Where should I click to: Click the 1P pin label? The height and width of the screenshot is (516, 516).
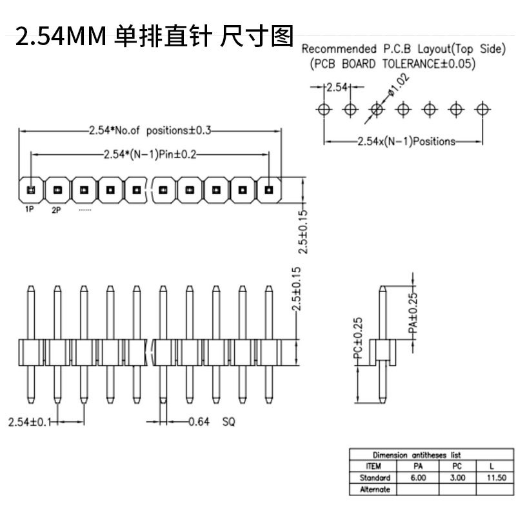click(x=29, y=209)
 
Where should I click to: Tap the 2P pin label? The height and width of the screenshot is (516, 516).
click(x=56, y=210)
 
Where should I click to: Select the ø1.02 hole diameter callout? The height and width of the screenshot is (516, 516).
click(x=399, y=84)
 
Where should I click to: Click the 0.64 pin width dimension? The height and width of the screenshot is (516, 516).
click(x=199, y=422)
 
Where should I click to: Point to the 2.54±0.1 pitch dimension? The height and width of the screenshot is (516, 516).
click(x=30, y=422)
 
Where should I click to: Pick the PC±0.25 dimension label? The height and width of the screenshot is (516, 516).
click(x=358, y=337)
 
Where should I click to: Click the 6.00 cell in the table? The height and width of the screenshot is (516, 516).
click(x=418, y=477)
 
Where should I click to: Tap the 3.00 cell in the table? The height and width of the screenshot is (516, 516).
click(x=457, y=477)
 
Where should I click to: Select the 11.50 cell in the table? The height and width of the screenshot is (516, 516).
click(x=496, y=477)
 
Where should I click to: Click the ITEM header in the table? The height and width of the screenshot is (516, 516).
click(x=373, y=466)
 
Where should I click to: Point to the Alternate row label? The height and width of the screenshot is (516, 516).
click(x=375, y=490)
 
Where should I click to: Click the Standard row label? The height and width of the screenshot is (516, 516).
click(x=375, y=477)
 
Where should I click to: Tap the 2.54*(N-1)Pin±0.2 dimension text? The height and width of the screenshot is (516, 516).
click(x=150, y=154)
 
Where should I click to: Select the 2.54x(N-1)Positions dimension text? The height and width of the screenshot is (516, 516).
click(x=406, y=141)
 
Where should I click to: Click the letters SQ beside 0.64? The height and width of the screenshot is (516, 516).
click(x=229, y=422)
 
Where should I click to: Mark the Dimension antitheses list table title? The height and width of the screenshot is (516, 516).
click(x=417, y=455)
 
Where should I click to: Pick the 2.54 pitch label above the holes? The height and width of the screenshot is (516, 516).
click(x=337, y=87)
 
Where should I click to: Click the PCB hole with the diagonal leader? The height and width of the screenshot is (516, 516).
click(x=377, y=109)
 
